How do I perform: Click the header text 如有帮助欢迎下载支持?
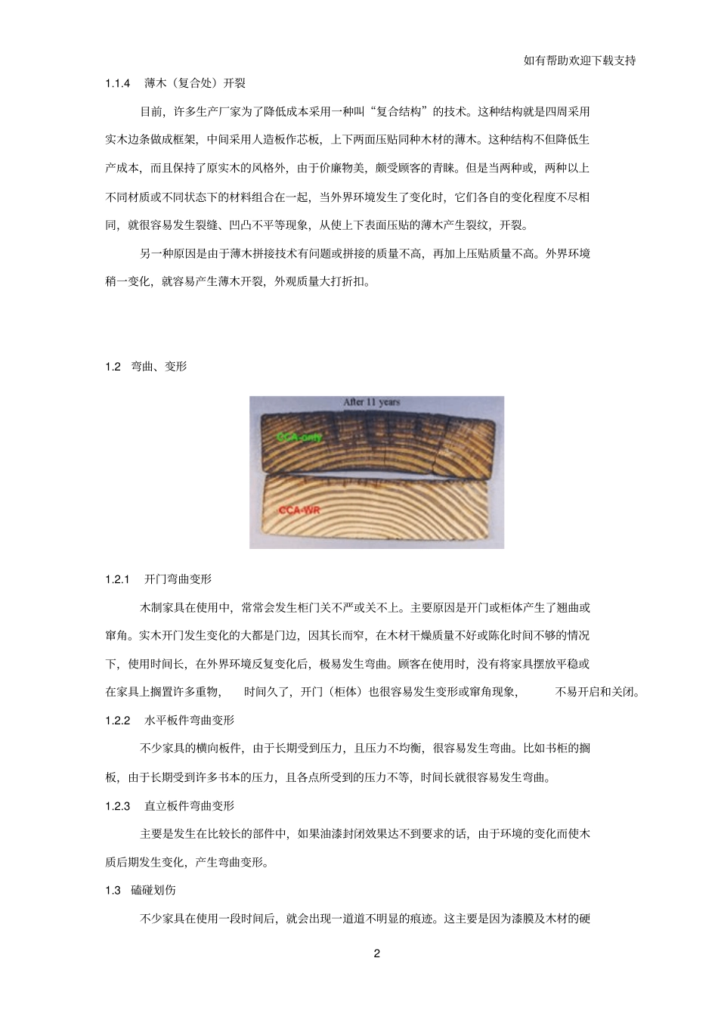pyautogui.click(x=579, y=60)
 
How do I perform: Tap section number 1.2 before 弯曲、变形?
pyautogui.click(x=113, y=367)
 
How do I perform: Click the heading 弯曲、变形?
pyautogui.click(x=159, y=367)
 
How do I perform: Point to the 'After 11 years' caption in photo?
pyautogui.click(x=372, y=402)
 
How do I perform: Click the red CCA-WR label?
pyautogui.click(x=299, y=510)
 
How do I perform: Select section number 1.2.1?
pyautogui.click(x=119, y=579)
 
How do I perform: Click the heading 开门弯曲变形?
pyautogui.click(x=178, y=579)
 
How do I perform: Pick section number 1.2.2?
pyautogui.click(x=119, y=720)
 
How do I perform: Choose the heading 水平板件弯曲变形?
pyautogui.click(x=189, y=720)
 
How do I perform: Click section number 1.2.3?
pyautogui.click(x=119, y=806)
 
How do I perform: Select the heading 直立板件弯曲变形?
pyautogui.click(x=189, y=806)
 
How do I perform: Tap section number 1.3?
pyautogui.click(x=113, y=891)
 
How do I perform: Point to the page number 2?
pyautogui.click(x=377, y=953)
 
